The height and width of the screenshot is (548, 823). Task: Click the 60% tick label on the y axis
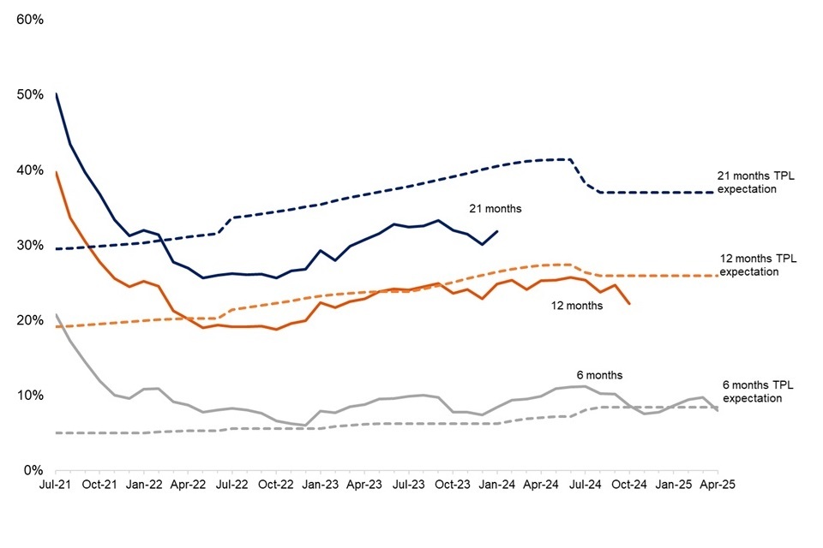pyautogui.click(x=29, y=19)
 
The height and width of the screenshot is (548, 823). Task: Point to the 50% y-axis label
pyautogui.click(x=29, y=94)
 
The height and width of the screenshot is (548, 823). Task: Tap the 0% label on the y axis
pyautogui.click(x=33, y=470)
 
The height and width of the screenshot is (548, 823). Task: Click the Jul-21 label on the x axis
pyautogui.click(x=56, y=484)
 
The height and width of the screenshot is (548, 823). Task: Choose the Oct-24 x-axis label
pyautogui.click(x=629, y=484)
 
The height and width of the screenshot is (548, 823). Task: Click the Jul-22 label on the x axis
pyautogui.click(x=232, y=484)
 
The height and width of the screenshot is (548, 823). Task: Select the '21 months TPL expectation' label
pyautogui.click(x=746, y=183)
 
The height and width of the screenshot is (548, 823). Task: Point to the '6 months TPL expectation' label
pyautogui.click(x=752, y=392)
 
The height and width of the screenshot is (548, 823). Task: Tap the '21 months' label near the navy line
pyautogui.click(x=495, y=208)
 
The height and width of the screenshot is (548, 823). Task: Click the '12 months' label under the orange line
pyautogui.click(x=576, y=306)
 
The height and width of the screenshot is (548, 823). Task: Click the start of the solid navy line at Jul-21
pyautogui.click(x=56, y=93)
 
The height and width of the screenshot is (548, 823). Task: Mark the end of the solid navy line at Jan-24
pyautogui.click(x=498, y=230)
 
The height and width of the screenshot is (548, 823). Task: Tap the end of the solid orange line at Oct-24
pyautogui.click(x=630, y=304)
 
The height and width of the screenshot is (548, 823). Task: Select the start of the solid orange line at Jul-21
pyautogui.click(x=56, y=172)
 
